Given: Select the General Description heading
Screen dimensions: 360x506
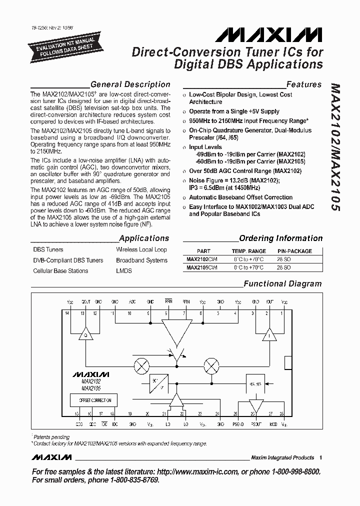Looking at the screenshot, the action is click(130, 84).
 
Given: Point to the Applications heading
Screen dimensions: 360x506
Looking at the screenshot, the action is click(144, 238).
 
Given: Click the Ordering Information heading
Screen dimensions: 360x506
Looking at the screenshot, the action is click(280, 238).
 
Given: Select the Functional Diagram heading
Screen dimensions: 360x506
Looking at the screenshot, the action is click(282, 283).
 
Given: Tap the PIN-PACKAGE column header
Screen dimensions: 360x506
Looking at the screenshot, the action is click(294, 251).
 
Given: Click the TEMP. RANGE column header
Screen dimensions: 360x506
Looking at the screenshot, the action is click(248, 251).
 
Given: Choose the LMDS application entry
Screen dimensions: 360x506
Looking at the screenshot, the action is click(123, 271).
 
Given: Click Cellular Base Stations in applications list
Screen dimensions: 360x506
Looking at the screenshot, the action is click(60, 271).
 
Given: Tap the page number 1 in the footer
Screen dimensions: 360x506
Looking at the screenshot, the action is click(320, 457).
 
